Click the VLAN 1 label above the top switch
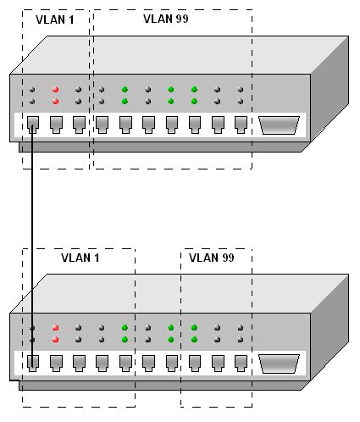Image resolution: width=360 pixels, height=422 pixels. [x=55, y=19]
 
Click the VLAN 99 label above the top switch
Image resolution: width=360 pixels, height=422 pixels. [x=166, y=19]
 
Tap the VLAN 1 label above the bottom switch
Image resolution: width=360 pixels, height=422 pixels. [x=80, y=258]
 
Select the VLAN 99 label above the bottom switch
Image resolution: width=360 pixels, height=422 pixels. [x=212, y=258]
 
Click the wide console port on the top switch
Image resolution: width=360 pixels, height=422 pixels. [x=279, y=125]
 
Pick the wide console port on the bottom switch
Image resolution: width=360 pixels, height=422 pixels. [x=279, y=364]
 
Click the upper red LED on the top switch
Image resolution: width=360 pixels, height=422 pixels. [x=55, y=90]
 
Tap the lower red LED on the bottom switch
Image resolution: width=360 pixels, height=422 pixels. [x=55, y=339]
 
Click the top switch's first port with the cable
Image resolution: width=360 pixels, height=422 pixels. [x=33, y=125]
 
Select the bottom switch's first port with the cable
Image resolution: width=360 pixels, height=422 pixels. [x=33, y=364]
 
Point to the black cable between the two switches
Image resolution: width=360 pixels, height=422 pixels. [x=32, y=246]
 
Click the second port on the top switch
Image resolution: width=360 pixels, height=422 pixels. [x=56, y=125]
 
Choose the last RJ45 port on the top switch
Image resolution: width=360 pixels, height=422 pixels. [x=241, y=125]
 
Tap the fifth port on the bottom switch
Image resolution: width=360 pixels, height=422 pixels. [x=125, y=364]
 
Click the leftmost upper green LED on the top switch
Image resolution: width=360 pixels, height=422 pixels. [x=125, y=90]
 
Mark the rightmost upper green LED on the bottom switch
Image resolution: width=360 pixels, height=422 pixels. [x=194, y=328]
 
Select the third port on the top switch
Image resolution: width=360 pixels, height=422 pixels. [x=79, y=125]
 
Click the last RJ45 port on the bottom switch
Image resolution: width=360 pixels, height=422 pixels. [x=241, y=364]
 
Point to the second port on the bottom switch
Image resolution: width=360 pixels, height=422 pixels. [x=56, y=364]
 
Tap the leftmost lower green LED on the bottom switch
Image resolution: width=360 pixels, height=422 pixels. [x=125, y=339]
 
